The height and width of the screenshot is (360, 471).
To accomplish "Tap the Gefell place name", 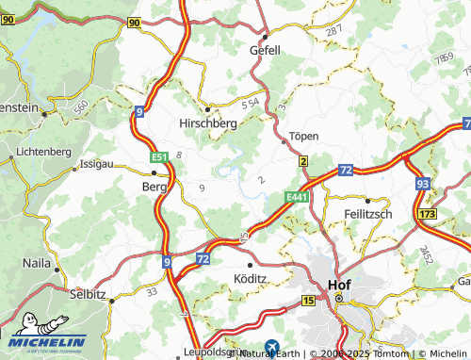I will click(265, 50).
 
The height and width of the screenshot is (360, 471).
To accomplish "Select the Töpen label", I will click(303, 136).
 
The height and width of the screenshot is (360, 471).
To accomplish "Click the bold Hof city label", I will click(336, 283).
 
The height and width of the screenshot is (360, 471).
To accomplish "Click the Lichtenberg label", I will click(44, 151).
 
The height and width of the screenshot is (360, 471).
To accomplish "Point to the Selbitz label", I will click(88, 293).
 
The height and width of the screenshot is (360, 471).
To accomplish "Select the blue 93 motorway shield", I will click(423, 185).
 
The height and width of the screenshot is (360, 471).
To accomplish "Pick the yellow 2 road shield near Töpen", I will click(303, 163).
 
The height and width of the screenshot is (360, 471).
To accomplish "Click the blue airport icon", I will click(272, 347).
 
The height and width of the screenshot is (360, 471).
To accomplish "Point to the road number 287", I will click(333, 32).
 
